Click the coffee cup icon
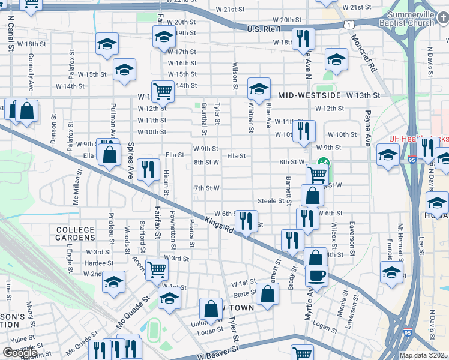(x=316, y=275)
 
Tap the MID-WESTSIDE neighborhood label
(x=309, y=95)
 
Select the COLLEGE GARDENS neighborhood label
(x=75, y=234)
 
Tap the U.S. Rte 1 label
(x=264, y=29)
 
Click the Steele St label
(x=270, y=200)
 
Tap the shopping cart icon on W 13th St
(x=163, y=91)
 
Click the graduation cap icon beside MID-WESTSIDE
(x=259, y=89)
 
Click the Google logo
(x=20, y=353)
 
